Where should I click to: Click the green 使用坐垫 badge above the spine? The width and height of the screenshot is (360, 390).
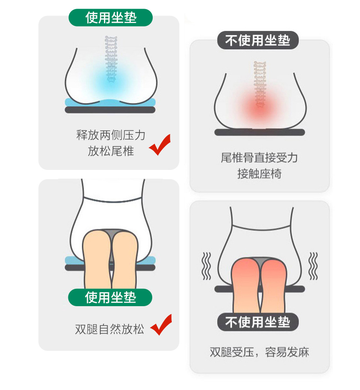pos(111,18)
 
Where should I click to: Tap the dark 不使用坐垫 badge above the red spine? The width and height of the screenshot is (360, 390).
pos(258,40)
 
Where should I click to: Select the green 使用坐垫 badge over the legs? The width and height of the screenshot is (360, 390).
pos(110,298)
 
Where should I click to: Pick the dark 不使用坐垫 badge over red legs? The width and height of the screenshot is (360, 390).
pos(258,322)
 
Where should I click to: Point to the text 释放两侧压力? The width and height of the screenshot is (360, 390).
pos(111,135)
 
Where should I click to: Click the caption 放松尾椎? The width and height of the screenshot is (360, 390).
pos(111,151)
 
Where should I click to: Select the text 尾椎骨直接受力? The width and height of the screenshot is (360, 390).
pos(259,158)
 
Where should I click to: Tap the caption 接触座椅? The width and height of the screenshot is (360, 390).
pos(259,174)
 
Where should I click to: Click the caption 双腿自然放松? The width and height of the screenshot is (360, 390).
pos(109,329)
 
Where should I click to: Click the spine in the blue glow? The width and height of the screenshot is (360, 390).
pos(111,58)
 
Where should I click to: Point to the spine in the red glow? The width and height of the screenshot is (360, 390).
pos(260,84)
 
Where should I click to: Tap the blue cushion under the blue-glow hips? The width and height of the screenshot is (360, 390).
pos(110,103)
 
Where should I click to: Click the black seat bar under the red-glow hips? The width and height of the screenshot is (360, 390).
pos(259,132)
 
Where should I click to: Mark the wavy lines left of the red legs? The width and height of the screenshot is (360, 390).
pos(206,266)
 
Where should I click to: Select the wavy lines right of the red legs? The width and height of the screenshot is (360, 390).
pos(313,266)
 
